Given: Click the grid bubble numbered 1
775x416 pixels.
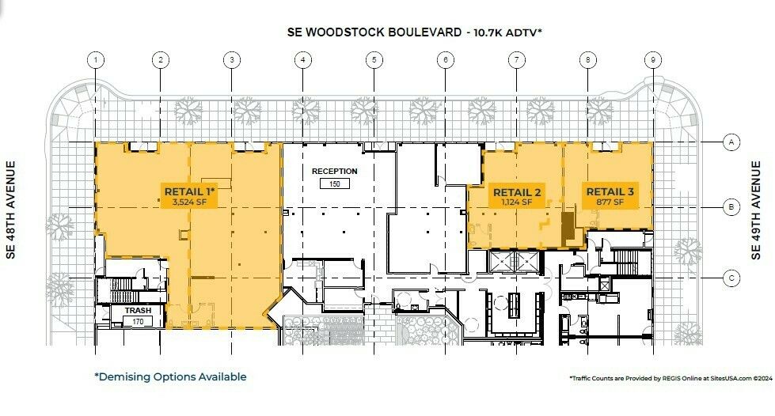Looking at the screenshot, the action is [x=96, y=60].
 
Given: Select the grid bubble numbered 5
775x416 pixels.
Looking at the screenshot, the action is [x=374, y=60].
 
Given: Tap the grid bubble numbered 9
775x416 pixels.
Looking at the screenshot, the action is [x=653, y=60].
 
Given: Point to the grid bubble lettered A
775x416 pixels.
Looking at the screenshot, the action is [x=731, y=142].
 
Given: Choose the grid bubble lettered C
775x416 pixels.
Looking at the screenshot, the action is [x=731, y=278].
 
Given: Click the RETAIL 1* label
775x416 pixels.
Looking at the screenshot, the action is [x=190, y=191].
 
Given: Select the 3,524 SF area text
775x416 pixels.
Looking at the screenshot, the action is [x=189, y=202].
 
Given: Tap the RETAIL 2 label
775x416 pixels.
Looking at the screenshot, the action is [x=517, y=192].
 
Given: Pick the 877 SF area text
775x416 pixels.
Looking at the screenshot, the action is [x=610, y=202].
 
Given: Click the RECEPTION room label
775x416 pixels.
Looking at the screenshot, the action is [x=335, y=172].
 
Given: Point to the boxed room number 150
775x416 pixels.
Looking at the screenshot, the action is [x=335, y=183].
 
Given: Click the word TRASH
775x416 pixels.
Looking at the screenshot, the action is [x=138, y=310].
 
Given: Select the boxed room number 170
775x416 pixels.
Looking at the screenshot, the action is [x=138, y=322].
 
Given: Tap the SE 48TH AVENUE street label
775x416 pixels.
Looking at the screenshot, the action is [x=11, y=210].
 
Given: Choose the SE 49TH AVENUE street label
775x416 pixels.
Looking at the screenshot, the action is [x=756, y=210].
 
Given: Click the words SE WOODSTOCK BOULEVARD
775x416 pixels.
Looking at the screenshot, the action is [x=374, y=32].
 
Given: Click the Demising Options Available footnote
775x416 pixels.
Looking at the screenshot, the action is [x=170, y=377].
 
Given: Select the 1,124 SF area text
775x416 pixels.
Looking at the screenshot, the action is [x=517, y=202].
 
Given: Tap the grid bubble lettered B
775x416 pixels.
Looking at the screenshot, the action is [x=731, y=207].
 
